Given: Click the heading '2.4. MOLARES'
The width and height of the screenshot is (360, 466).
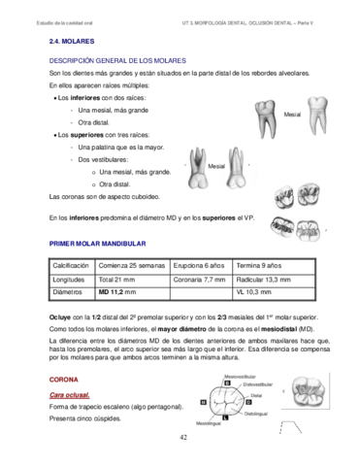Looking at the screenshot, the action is point(73,44).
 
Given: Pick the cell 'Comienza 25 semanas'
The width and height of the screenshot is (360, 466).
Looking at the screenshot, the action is point(131,265).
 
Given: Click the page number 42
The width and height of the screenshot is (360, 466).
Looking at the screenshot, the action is point(182,439).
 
